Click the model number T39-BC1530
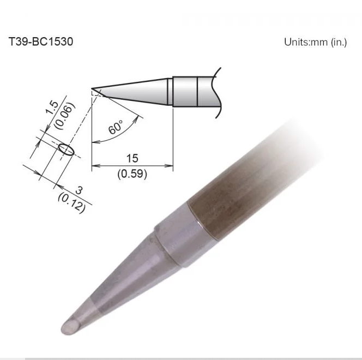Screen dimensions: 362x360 [41, 42]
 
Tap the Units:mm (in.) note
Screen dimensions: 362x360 [315, 42]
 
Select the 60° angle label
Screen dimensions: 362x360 [116, 127]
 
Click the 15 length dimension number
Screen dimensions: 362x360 [132, 158]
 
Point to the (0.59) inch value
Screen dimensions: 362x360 [132, 173]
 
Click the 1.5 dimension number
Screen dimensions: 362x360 [52, 107]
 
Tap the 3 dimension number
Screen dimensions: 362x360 [79, 190]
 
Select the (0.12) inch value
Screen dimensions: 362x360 [72, 203]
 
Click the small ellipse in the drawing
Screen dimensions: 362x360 [67, 149]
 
